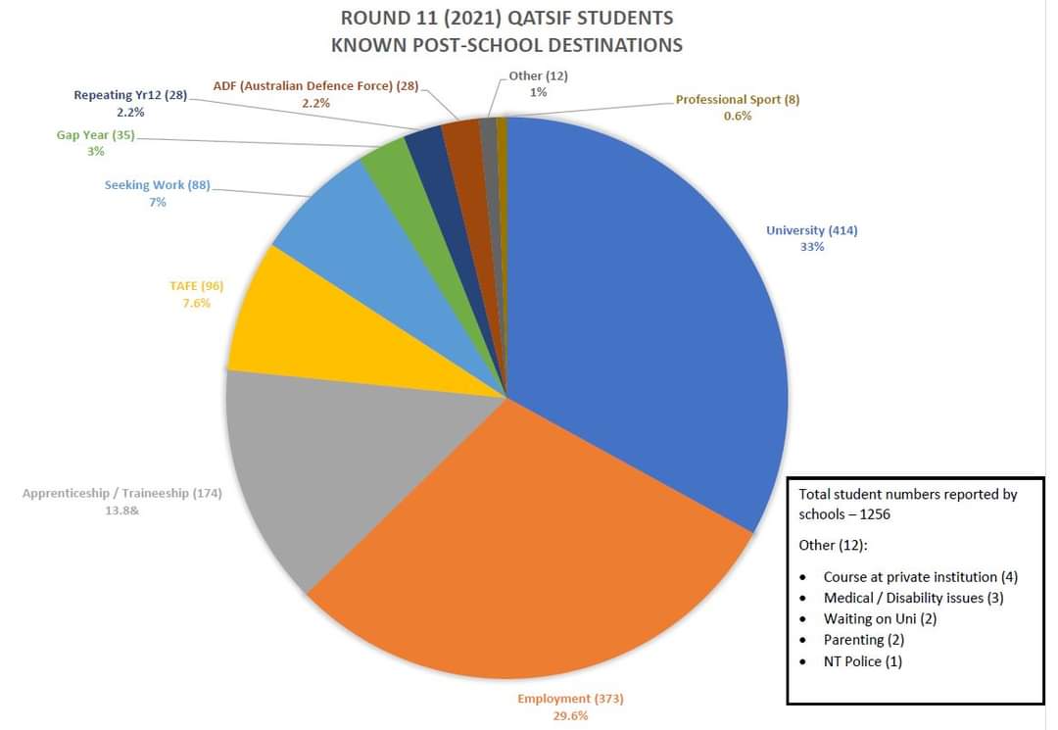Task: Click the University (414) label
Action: (x=811, y=231)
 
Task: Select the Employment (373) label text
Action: (x=570, y=699)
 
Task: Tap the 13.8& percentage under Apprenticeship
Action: (x=121, y=511)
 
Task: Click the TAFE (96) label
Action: (x=196, y=286)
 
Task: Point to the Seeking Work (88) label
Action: (x=157, y=185)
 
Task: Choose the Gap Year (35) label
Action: (x=95, y=135)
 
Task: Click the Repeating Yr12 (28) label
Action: (x=129, y=95)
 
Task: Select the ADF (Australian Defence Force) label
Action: (x=315, y=86)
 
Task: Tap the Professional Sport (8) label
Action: (x=738, y=100)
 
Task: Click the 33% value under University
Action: (x=812, y=247)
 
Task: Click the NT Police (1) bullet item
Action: (x=862, y=661)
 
